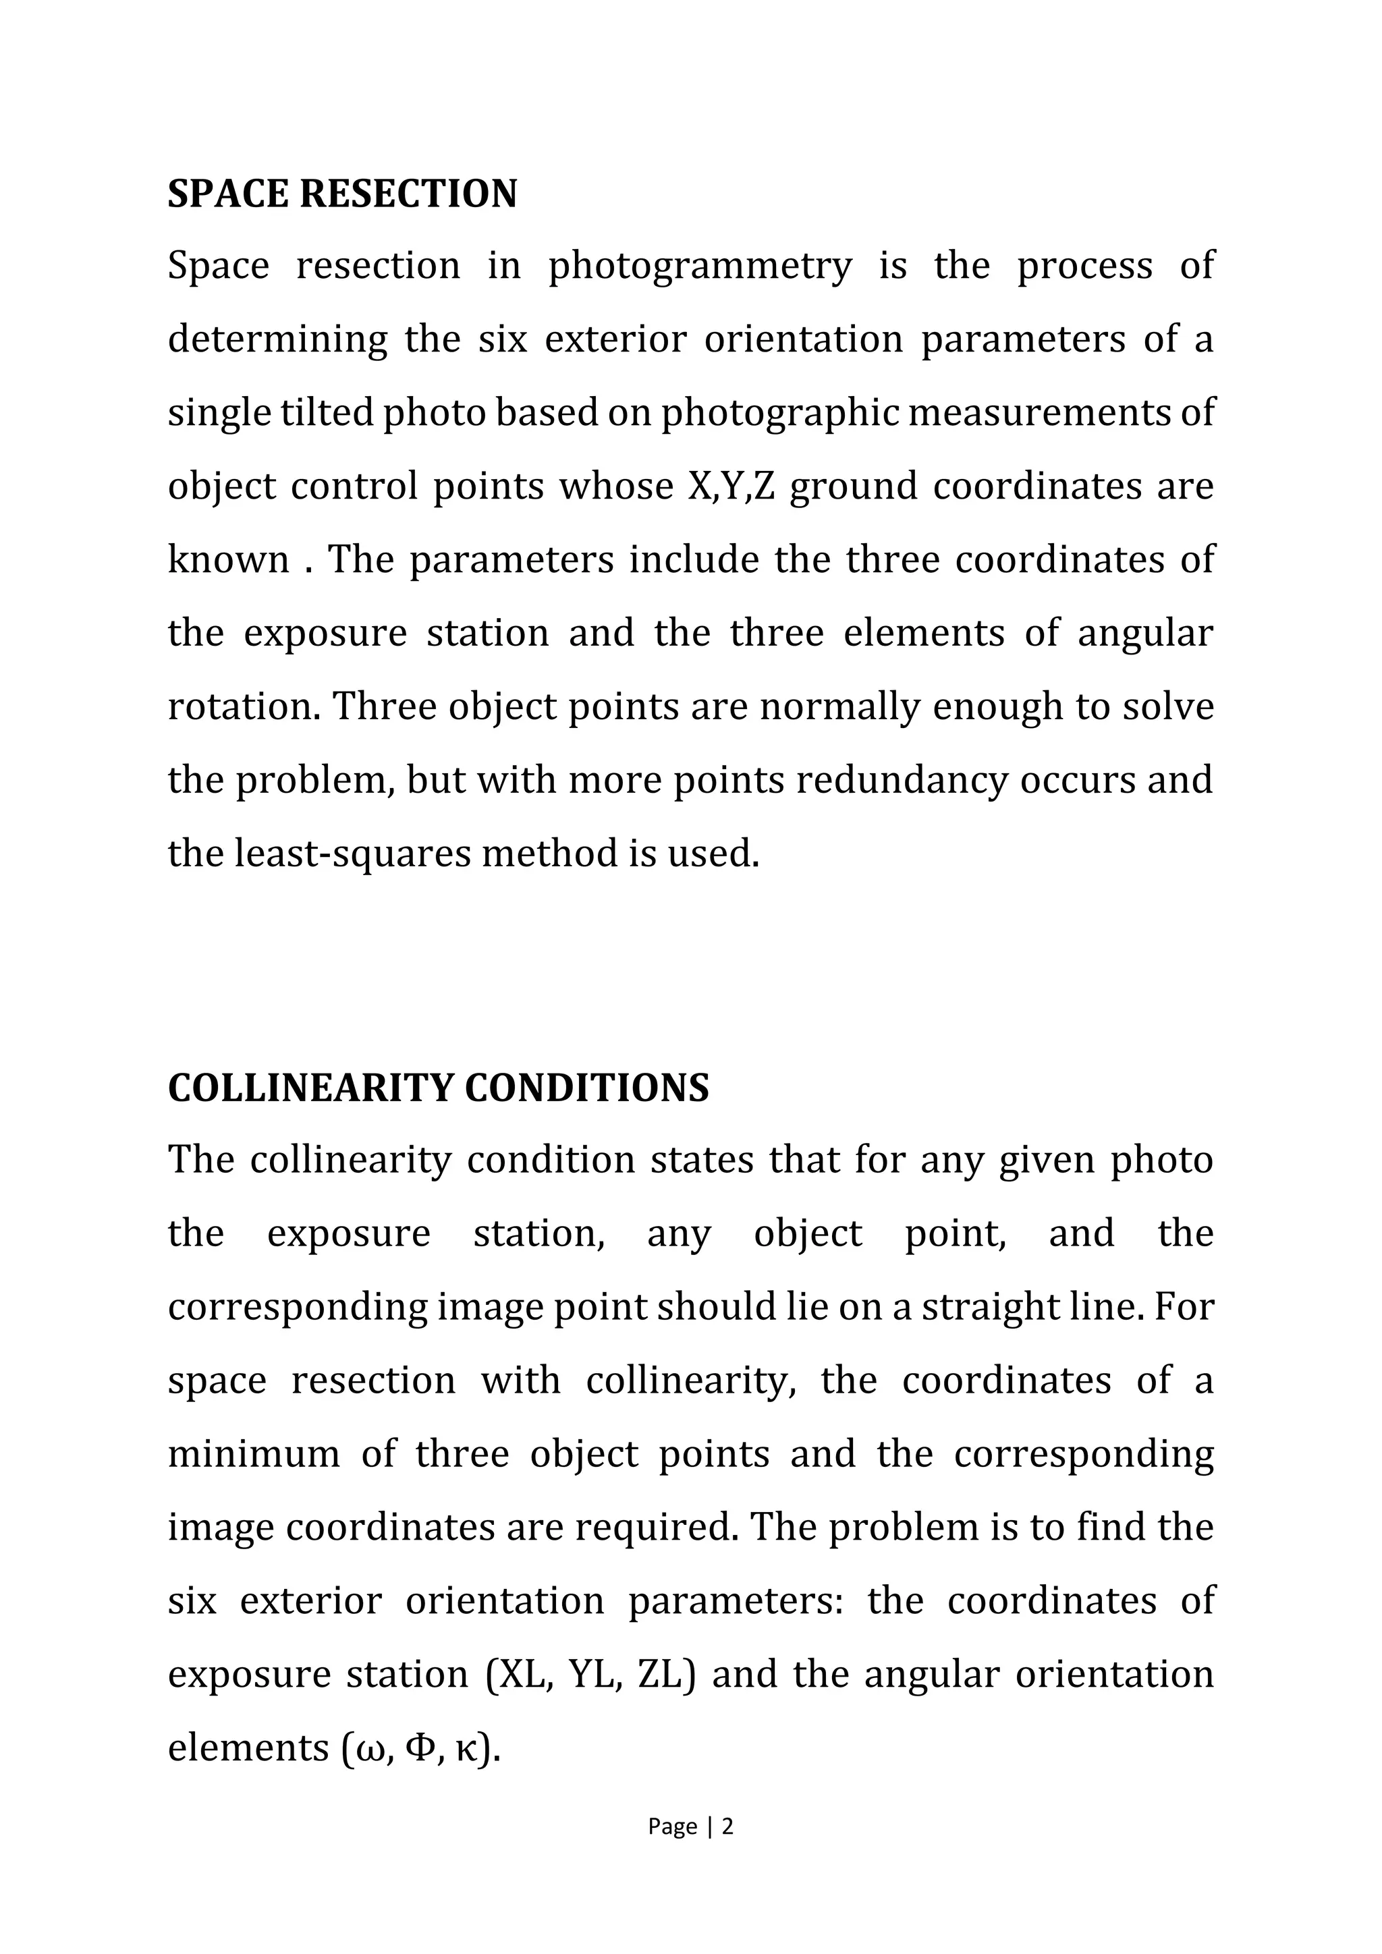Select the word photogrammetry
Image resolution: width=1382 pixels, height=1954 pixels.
click(x=700, y=267)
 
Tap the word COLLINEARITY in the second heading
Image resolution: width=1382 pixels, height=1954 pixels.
click(x=310, y=1088)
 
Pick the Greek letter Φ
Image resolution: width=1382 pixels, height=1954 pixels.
click(x=421, y=1748)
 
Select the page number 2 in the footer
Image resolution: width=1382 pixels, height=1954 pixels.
click(x=727, y=1827)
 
